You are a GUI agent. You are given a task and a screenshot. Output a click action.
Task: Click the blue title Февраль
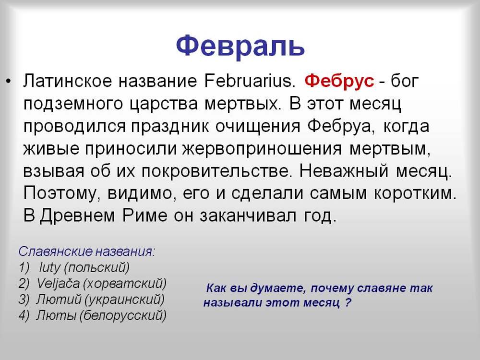coord(240,46)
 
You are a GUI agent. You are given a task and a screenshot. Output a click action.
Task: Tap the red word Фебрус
coord(339,82)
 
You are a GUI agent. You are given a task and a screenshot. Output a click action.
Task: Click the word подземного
coord(72,105)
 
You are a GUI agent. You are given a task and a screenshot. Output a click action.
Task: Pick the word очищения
coord(258,127)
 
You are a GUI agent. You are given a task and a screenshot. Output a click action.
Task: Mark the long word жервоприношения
coord(263,149)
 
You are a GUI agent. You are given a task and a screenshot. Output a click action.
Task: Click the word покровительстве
coord(215,171)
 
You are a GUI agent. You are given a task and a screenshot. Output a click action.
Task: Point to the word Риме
coord(145,216)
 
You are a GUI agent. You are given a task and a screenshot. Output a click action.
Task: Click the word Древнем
coord(77,216)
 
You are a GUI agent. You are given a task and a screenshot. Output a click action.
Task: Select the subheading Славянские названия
coord(86,252)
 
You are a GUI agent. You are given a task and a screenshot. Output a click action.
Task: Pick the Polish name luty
coord(49,268)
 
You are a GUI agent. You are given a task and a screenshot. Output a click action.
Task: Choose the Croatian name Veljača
coord(59,284)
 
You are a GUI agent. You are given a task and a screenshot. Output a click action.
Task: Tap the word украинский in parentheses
coord(125,300)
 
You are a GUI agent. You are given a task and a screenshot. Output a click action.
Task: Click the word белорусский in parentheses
coord(123,316)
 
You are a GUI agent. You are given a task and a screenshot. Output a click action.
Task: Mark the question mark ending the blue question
coord(347,302)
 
